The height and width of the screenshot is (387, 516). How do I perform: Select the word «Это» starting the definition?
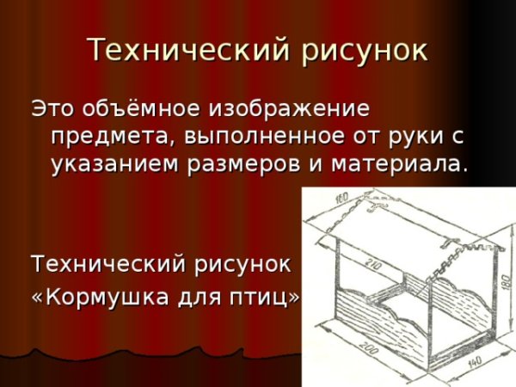tap(54, 109)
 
